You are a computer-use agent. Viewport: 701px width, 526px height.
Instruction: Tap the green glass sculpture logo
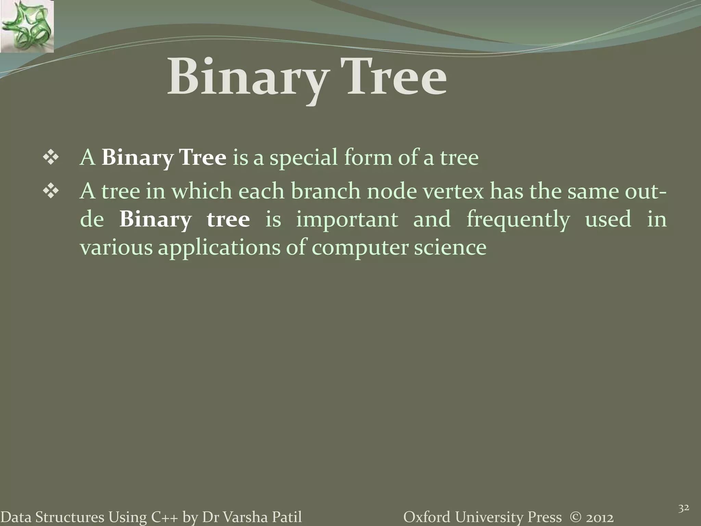pos(27,26)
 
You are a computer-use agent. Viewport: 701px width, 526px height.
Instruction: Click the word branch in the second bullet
pos(326,191)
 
